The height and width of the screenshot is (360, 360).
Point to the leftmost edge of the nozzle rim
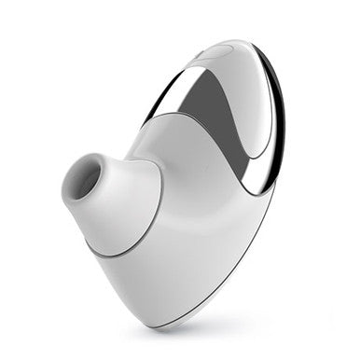(x=62, y=187)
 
